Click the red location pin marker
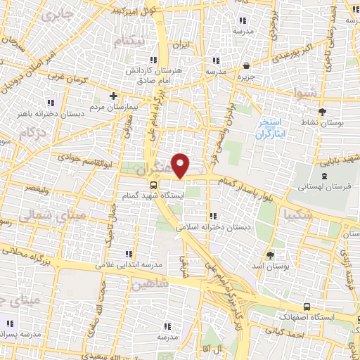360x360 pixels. [x=181, y=165]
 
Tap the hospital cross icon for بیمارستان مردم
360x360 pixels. [x=113, y=96]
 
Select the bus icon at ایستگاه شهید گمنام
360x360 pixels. [x=154, y=185]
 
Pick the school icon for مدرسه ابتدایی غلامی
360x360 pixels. [x=127, y=254]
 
